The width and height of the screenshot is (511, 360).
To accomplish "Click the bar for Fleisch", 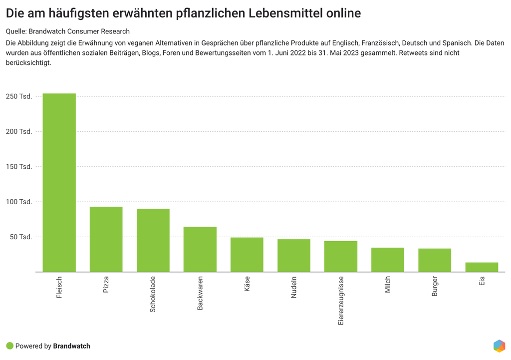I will click(x=59, y=183).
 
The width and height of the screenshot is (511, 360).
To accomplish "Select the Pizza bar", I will click(x=106, y=239).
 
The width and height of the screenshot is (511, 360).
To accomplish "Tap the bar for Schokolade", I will click(x=153, y=240).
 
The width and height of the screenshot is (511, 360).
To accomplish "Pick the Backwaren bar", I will click(x=200, y=249).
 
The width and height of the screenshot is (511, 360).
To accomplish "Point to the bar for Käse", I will click(x=247, y=255).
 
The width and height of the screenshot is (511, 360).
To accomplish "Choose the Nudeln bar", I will click(x=294, y=256).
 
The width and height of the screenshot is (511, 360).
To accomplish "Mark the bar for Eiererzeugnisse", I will click(x=341, y=257).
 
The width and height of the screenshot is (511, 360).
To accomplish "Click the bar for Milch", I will click(x=388, y=260).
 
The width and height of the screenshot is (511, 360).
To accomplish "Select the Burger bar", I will click(x=435, y=260).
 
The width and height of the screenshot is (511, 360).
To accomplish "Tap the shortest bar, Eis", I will click(x=482, y=267).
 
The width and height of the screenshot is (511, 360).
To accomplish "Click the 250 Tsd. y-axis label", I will click(x=19, y=96).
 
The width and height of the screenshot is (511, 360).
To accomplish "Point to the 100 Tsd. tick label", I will click(x=19, y=202).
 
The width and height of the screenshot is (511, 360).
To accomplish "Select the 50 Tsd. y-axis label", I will click(x=21, y=237).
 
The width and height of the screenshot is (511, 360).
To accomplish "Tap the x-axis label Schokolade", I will click(x=153, y=294).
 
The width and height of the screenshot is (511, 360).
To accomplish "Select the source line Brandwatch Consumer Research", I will click(x=79, y=31).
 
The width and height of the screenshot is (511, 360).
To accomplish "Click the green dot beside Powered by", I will click(x=9, y=346).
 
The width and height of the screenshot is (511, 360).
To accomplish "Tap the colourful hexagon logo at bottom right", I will click(x=499, y=346).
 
